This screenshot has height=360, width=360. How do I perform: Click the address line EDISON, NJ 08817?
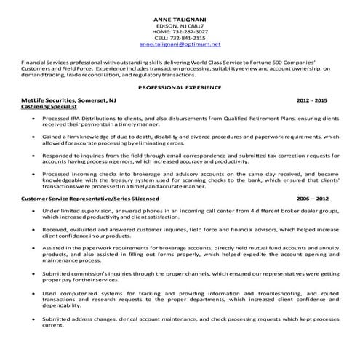(x=180, y=25)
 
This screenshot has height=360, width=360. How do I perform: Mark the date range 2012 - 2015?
(x=312, y=99)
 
